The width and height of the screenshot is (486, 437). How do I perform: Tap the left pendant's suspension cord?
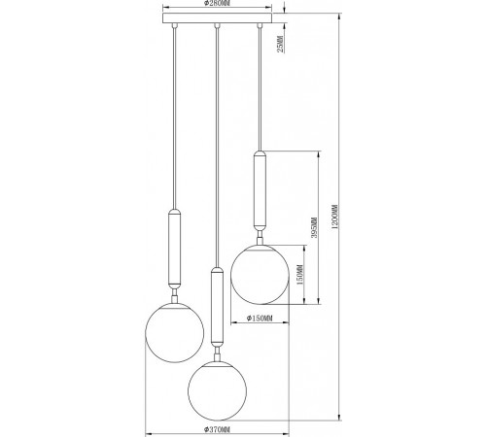point(175,117)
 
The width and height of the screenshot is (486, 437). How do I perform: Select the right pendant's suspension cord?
point(260,87)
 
